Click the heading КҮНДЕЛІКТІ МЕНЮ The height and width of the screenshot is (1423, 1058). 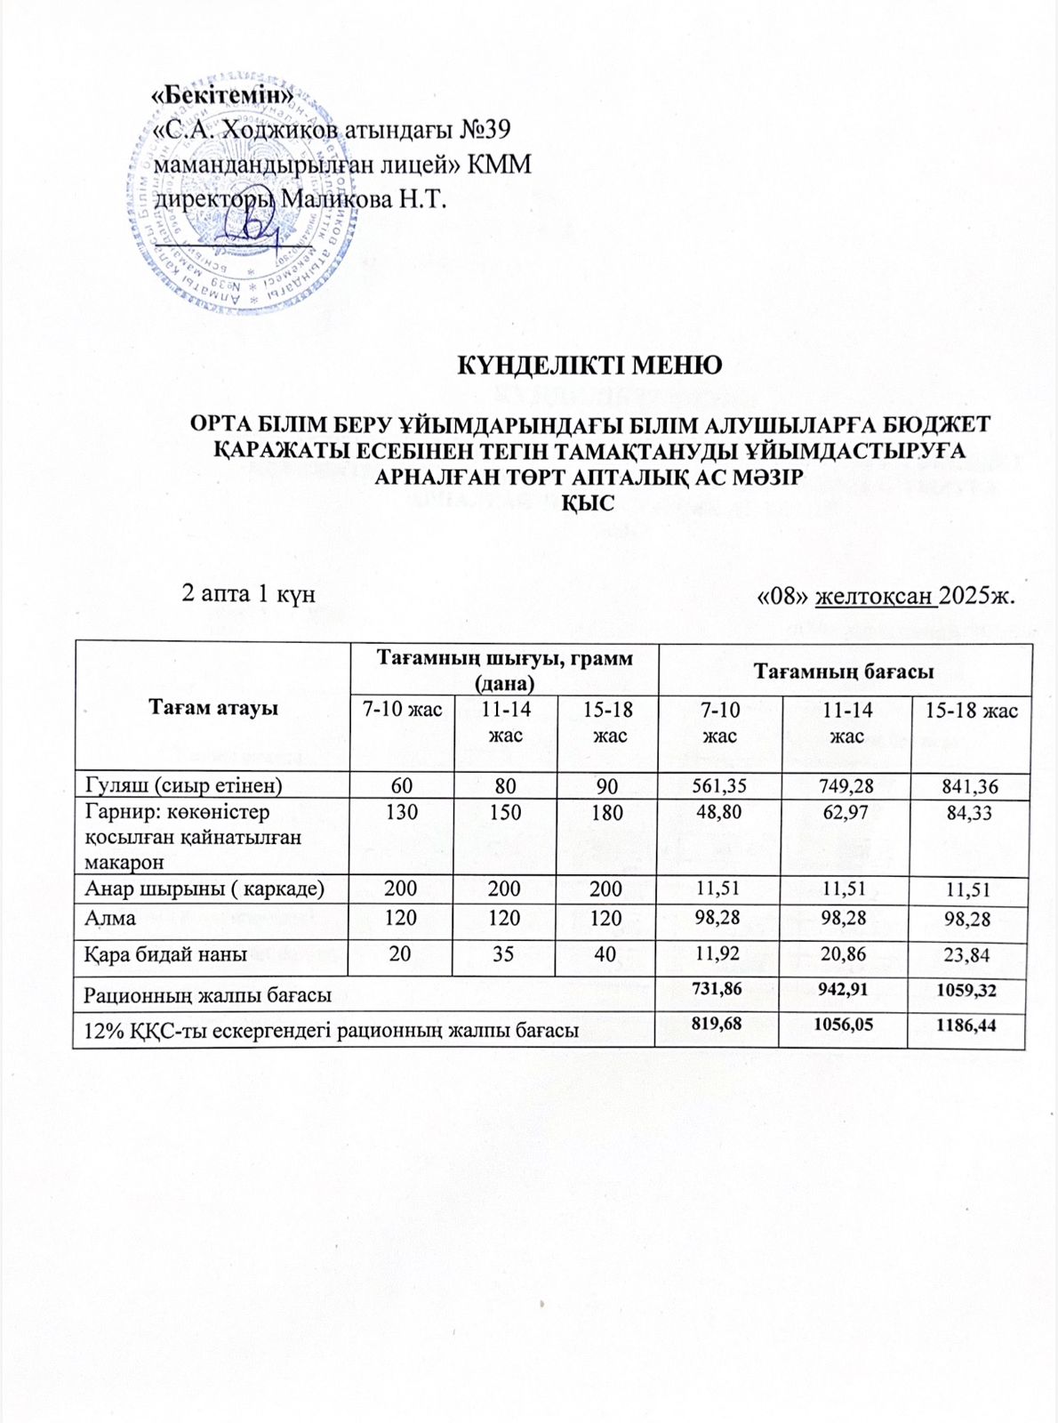click(588, 366)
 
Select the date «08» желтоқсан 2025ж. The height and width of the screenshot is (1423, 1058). click(884, 594)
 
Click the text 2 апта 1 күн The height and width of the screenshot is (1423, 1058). click(248, 594)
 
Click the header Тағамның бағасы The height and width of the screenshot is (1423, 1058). click(844, 671)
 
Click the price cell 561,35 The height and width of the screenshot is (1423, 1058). click(717, 785)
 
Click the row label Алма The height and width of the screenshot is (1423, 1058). click(110, 918)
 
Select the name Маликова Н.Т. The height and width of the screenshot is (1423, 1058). click(362, 198)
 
